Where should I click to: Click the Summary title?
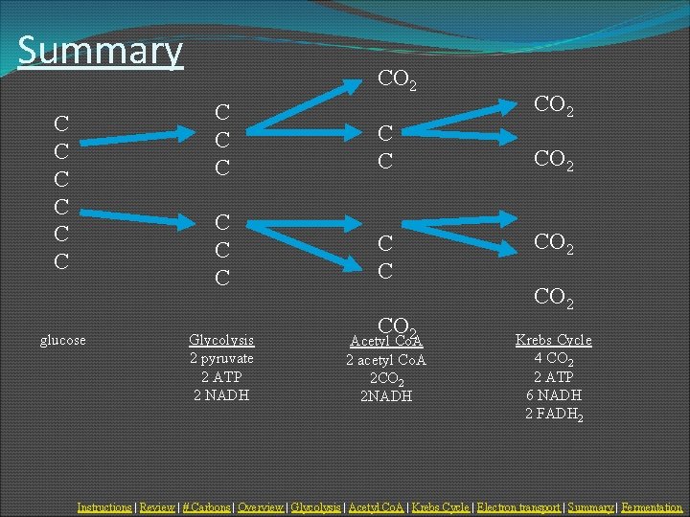tap(100, 51)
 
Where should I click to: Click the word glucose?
tap(63, 340)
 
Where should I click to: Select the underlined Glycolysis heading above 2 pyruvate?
tap(221, 340)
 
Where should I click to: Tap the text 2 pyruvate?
tap(221, 358)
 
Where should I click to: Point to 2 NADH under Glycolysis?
tap(221, 394)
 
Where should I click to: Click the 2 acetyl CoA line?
tap(386, 360)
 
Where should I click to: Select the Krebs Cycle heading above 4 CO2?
tap(554, 340)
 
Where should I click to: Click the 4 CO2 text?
tap(554, 359)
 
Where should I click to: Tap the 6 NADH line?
tap(554, 394)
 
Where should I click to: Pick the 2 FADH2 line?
tap(554, 414)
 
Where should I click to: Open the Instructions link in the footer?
tap(104, 506)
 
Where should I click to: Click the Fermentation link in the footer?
tap(652, 506)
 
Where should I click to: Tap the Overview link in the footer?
tap(261, 506)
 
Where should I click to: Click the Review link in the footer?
tap(157, 506)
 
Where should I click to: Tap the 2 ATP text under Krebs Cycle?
tap(554, 377)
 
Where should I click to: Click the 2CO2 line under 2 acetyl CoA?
tap(386, 378)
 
